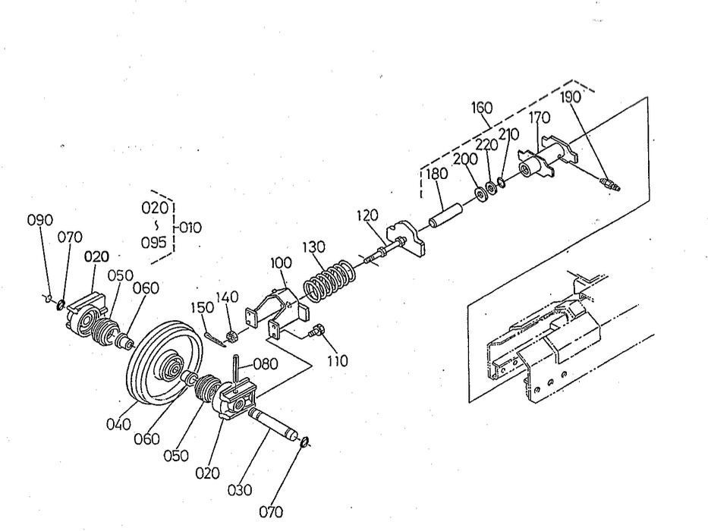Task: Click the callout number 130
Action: pyautogui.click(x=333, y=248)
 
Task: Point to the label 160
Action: pyautogui.click(x=481, y=108)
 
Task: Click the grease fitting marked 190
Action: pyautogui.click(x=609, y=184)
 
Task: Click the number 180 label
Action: pyautogui.click(x=436, y=173)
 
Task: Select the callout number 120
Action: pyautogui.click(x=367, y=216)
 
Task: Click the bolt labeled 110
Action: pyautogui.click(x=319, y=330)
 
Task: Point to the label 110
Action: pyautogui.click(x=338, y=362)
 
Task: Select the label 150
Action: pyautogui.click(x=201, y=306)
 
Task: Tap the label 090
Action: pyautogui.click(x=39, y=220)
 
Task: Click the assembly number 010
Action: pyautogui.click(x=190, y=226)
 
